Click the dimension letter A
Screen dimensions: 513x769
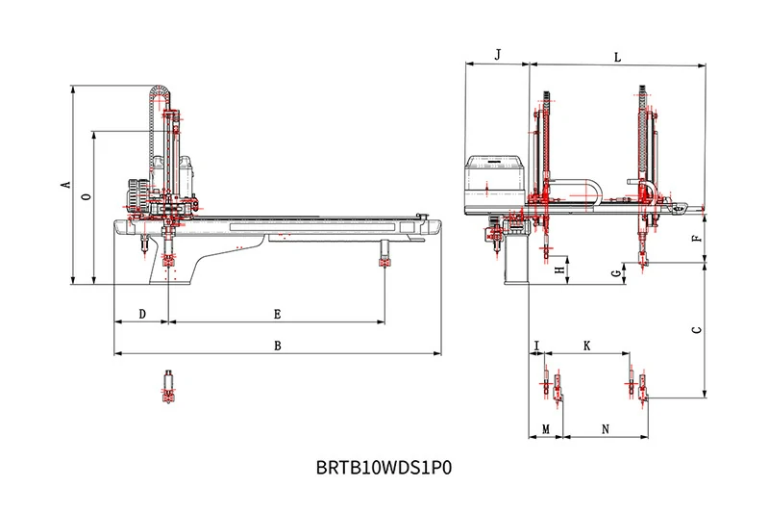click(65, 184)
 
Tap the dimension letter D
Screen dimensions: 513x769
click(142, 314)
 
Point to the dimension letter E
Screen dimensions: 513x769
click(277, 314)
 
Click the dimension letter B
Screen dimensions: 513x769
click(277, 345)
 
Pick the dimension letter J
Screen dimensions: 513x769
click(497, 56)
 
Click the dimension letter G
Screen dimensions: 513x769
click(615, 275)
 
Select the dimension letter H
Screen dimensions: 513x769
click(558, 270)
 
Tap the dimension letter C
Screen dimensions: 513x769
click(696, 329)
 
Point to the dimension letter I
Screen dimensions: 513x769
click(536, 344)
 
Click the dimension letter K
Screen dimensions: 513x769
click(586, 344)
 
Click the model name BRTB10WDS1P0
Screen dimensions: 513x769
click(384, 470)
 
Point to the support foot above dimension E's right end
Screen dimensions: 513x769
click(384, 258)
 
